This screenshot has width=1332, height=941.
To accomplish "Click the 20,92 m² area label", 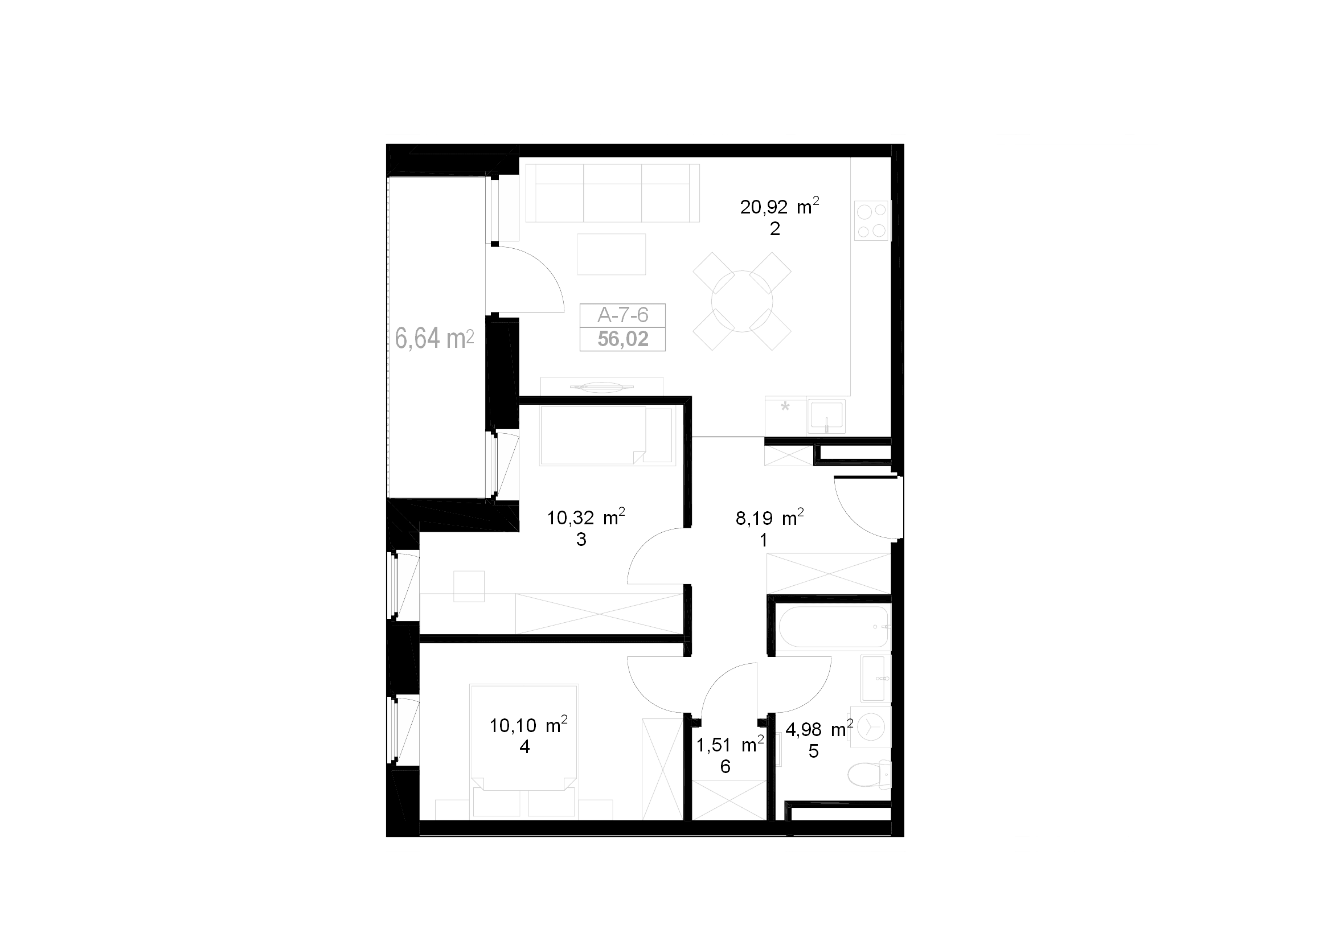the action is pyautogui.click(x=779, y=207).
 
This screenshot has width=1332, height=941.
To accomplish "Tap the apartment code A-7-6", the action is pyautogui.click(x=622, y=315).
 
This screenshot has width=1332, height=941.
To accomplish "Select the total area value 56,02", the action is pyautogui.click(x=622, y=339).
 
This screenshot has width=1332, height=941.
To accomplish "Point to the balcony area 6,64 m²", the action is pyautogui.click(x=435, y=338).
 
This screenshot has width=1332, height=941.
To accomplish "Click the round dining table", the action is pyautogui.click(x=742, y=302).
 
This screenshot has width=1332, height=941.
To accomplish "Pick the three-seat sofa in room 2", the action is pyautogui.click(x=612, y=193).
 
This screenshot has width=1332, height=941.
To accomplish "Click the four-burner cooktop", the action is pyautogui.click(x=872, y=221).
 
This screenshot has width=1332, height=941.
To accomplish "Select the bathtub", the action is pyautogui.click(x=833, y=626).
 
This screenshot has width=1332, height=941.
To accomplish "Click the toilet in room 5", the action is pyautogui.click(x=869, y=774).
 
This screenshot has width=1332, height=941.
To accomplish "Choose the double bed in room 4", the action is pyautogui.click(x=524, y=751).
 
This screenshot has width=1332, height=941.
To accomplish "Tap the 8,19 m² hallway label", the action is pyautogui.click(x=769, y=518).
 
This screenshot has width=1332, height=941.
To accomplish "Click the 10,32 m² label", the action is pyautogui.click(x=586, y=517).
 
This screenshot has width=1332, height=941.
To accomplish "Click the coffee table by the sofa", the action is pyautogui.click(x=612, y=254).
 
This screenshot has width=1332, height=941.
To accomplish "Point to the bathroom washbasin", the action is pyautogui.click(x=875, y=679).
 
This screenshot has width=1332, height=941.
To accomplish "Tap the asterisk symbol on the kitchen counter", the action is pyautogui.click(x=785, y=406).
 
